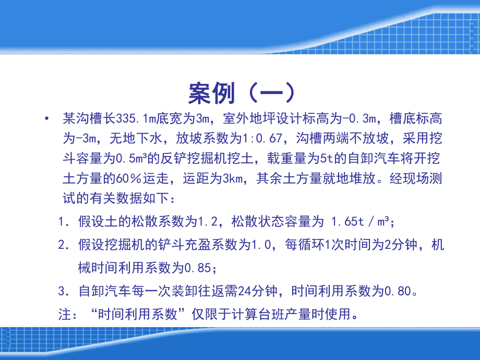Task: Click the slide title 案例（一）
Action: [242, 93]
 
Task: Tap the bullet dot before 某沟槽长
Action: [47, 118]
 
